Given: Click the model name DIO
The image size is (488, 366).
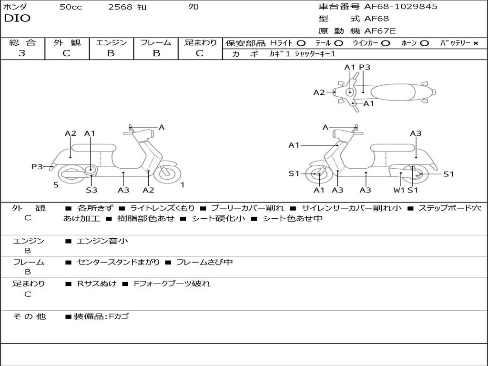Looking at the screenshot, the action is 17,19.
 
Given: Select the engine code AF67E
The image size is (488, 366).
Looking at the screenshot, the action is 379,31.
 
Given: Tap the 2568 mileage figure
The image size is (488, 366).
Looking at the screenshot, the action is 120,7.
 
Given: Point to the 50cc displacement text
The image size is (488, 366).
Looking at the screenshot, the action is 71,7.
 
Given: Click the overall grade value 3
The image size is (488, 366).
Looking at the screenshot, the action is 22,53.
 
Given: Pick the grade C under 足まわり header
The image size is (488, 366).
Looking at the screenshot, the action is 200,53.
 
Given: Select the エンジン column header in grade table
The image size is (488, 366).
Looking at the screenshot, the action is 111,42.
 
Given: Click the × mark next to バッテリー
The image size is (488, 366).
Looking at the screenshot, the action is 475,43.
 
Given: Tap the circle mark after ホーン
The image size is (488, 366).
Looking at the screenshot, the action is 424,43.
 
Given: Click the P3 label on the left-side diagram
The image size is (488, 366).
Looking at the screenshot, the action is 37,166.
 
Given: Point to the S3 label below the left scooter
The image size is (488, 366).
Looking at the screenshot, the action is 91,190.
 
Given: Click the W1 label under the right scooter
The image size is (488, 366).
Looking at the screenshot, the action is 399,190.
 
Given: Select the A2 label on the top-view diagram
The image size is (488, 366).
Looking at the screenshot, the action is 319,92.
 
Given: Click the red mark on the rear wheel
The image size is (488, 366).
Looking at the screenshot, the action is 417,176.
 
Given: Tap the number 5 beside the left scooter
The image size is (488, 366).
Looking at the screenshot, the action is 56,185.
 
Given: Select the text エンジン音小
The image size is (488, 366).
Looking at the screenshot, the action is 102,241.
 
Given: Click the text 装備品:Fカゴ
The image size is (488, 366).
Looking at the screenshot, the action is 101,316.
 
